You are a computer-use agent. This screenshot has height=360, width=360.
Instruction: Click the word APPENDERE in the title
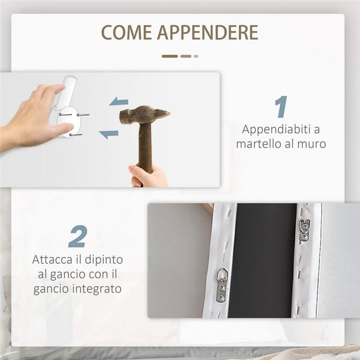pos(207,32)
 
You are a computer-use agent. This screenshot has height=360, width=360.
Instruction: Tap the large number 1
pos(281,107)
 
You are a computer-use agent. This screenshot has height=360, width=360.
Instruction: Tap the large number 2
pos(77,237)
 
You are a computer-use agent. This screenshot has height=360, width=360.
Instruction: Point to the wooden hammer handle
pos(146,147)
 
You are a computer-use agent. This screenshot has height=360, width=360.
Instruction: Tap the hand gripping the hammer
pos(149,176)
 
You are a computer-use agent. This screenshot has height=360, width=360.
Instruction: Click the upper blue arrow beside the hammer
pos(119,101)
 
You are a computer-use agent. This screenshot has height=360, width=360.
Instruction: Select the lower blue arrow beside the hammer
pos(109,134)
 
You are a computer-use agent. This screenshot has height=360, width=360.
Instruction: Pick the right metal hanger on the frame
pos(304,229)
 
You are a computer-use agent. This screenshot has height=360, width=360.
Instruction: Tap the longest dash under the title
pos(170,56)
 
